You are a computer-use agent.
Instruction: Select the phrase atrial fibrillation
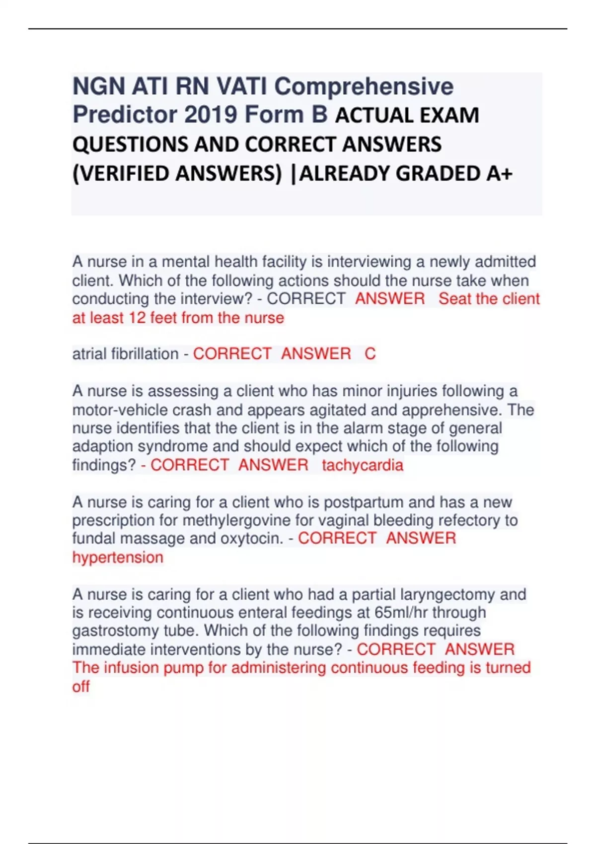point(125,354)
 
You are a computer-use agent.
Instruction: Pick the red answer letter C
point(370,354)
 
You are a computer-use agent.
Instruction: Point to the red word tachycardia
point(363,465)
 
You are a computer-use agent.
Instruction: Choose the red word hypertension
point(118,558)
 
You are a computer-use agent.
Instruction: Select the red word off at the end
point(81,687)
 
